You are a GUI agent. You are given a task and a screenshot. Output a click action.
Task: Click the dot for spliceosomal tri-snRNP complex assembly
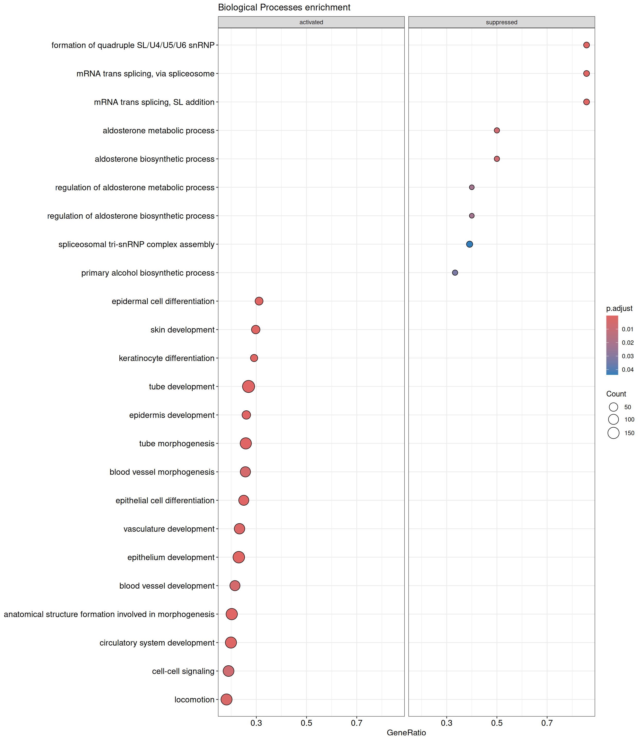(469, 244)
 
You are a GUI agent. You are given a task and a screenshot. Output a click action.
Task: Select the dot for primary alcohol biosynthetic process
(455, 273)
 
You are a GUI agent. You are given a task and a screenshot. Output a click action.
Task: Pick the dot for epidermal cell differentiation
(259, 301)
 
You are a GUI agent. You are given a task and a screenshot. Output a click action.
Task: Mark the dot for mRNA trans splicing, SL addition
(586, 102)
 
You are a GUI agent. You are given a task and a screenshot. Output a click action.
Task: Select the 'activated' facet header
(311, 22)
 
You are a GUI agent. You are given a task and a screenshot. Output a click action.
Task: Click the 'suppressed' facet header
(501, 22)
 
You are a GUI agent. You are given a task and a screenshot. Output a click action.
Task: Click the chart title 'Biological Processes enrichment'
(284, 7)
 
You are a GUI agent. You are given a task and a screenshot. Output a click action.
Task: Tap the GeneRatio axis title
(406, 733)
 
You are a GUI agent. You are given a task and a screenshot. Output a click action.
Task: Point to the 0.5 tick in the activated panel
(306, 723)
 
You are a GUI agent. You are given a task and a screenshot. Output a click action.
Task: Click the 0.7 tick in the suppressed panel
(547, 723)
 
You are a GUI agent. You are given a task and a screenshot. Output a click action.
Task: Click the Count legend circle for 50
(613, 407)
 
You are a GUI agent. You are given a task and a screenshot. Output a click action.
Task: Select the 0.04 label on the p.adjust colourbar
(628, 370)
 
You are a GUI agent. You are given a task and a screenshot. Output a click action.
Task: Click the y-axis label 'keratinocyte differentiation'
(167, 358)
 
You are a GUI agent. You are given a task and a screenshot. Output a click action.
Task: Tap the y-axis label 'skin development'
(182, 330)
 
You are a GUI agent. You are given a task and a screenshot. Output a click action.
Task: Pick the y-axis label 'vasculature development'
(169, 529)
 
